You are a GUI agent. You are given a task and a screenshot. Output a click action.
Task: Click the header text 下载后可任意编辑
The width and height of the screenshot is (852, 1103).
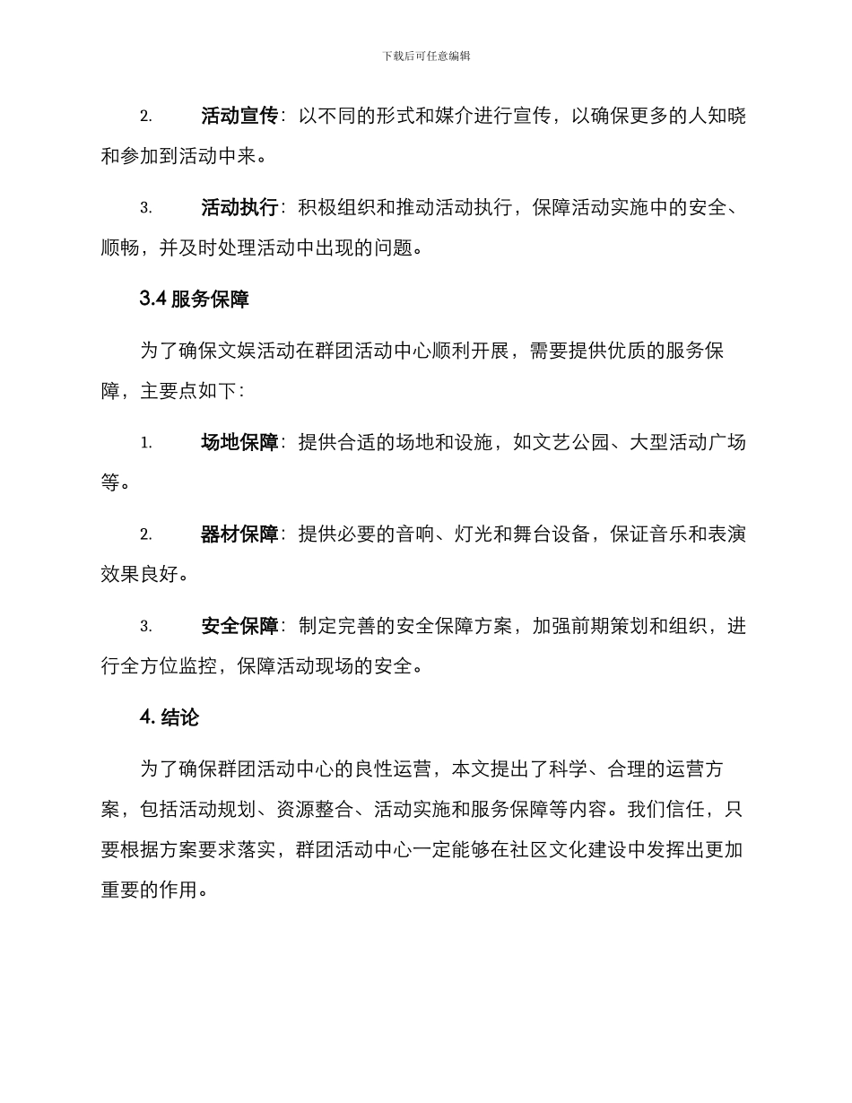click(426, 56)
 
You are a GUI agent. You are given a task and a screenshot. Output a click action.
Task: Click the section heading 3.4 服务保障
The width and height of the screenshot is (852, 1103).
click(195, 300)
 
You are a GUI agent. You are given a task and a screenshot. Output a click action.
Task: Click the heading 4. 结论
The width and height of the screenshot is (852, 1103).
click(170, 717)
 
